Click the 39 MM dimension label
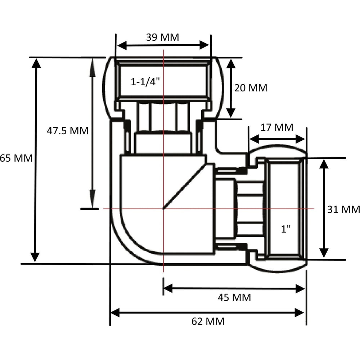(x=163, y=37)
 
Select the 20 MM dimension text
(x=251, y=88)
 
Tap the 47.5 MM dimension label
(x=68, y=131)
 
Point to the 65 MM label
(x=16, y=158)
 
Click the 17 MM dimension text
(x=277, y=127)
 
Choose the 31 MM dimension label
(x=343, y=210)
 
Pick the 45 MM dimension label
(x=234, y=298)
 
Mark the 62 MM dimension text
(x=208, y=321)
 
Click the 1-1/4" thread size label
(x=145, y=81)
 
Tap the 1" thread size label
(x=286, y=229)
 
